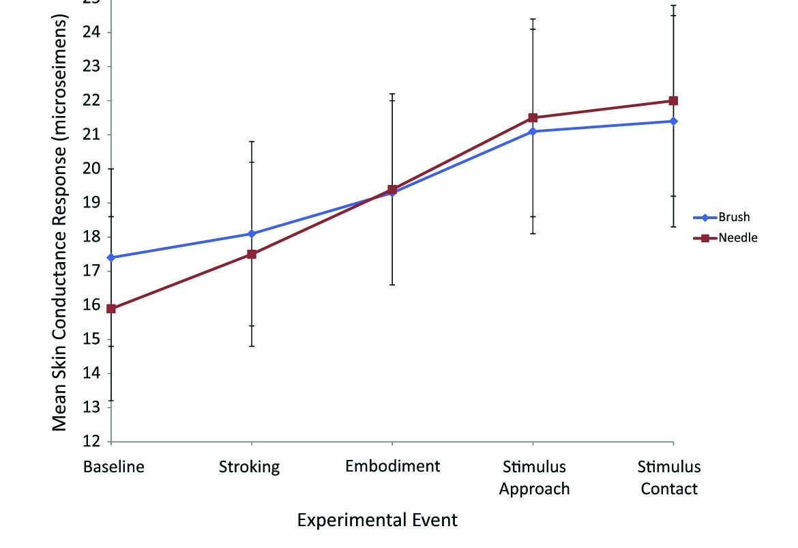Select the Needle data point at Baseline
(x=111, y=308)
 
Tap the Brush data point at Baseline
(x=111, y=257)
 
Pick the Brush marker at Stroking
(x=252, y=233)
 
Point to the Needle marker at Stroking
(x=252, y=254)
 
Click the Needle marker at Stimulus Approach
(x=533, y=117)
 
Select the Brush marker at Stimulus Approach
(x=533, y=131)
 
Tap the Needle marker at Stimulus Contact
(x=673, y=100)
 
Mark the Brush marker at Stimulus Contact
(x=673, y=121)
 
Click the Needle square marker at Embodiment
(x=392, y=189)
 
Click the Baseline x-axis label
(x=114, y=467)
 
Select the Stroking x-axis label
(x=250, y=467)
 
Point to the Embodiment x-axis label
(x=392, y=467)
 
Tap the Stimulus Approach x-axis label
(x=534, y=478)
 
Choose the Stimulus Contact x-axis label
(x=669, y=478)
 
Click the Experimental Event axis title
(x=377, y=521)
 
